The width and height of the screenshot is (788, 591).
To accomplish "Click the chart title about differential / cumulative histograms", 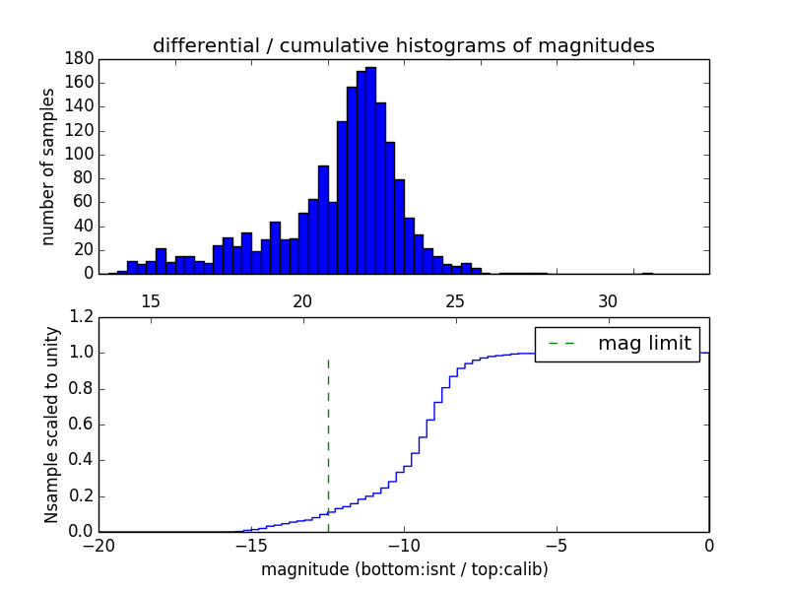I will [x=403, y=45].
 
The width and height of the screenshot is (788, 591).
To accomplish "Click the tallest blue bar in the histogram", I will [x=370, y=167].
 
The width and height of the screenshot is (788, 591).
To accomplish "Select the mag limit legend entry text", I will [x=644, y=343].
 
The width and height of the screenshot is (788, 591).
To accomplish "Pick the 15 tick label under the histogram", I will [x=151, y=300].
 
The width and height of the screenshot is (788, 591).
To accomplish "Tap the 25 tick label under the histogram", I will [x=456, y=300].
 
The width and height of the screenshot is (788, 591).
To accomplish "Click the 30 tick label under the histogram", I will [x=609, y=300].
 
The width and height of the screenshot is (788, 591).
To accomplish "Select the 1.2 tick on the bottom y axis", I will [x=82, y=317].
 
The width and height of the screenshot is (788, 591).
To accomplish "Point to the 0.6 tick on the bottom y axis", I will [x=82, y=425].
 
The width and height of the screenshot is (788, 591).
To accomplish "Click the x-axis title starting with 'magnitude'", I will [x=404, y=569].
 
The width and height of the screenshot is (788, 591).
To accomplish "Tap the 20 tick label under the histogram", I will [x=303, y=300].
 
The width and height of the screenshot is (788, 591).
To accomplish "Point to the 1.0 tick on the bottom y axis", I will [x=82, y=353].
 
